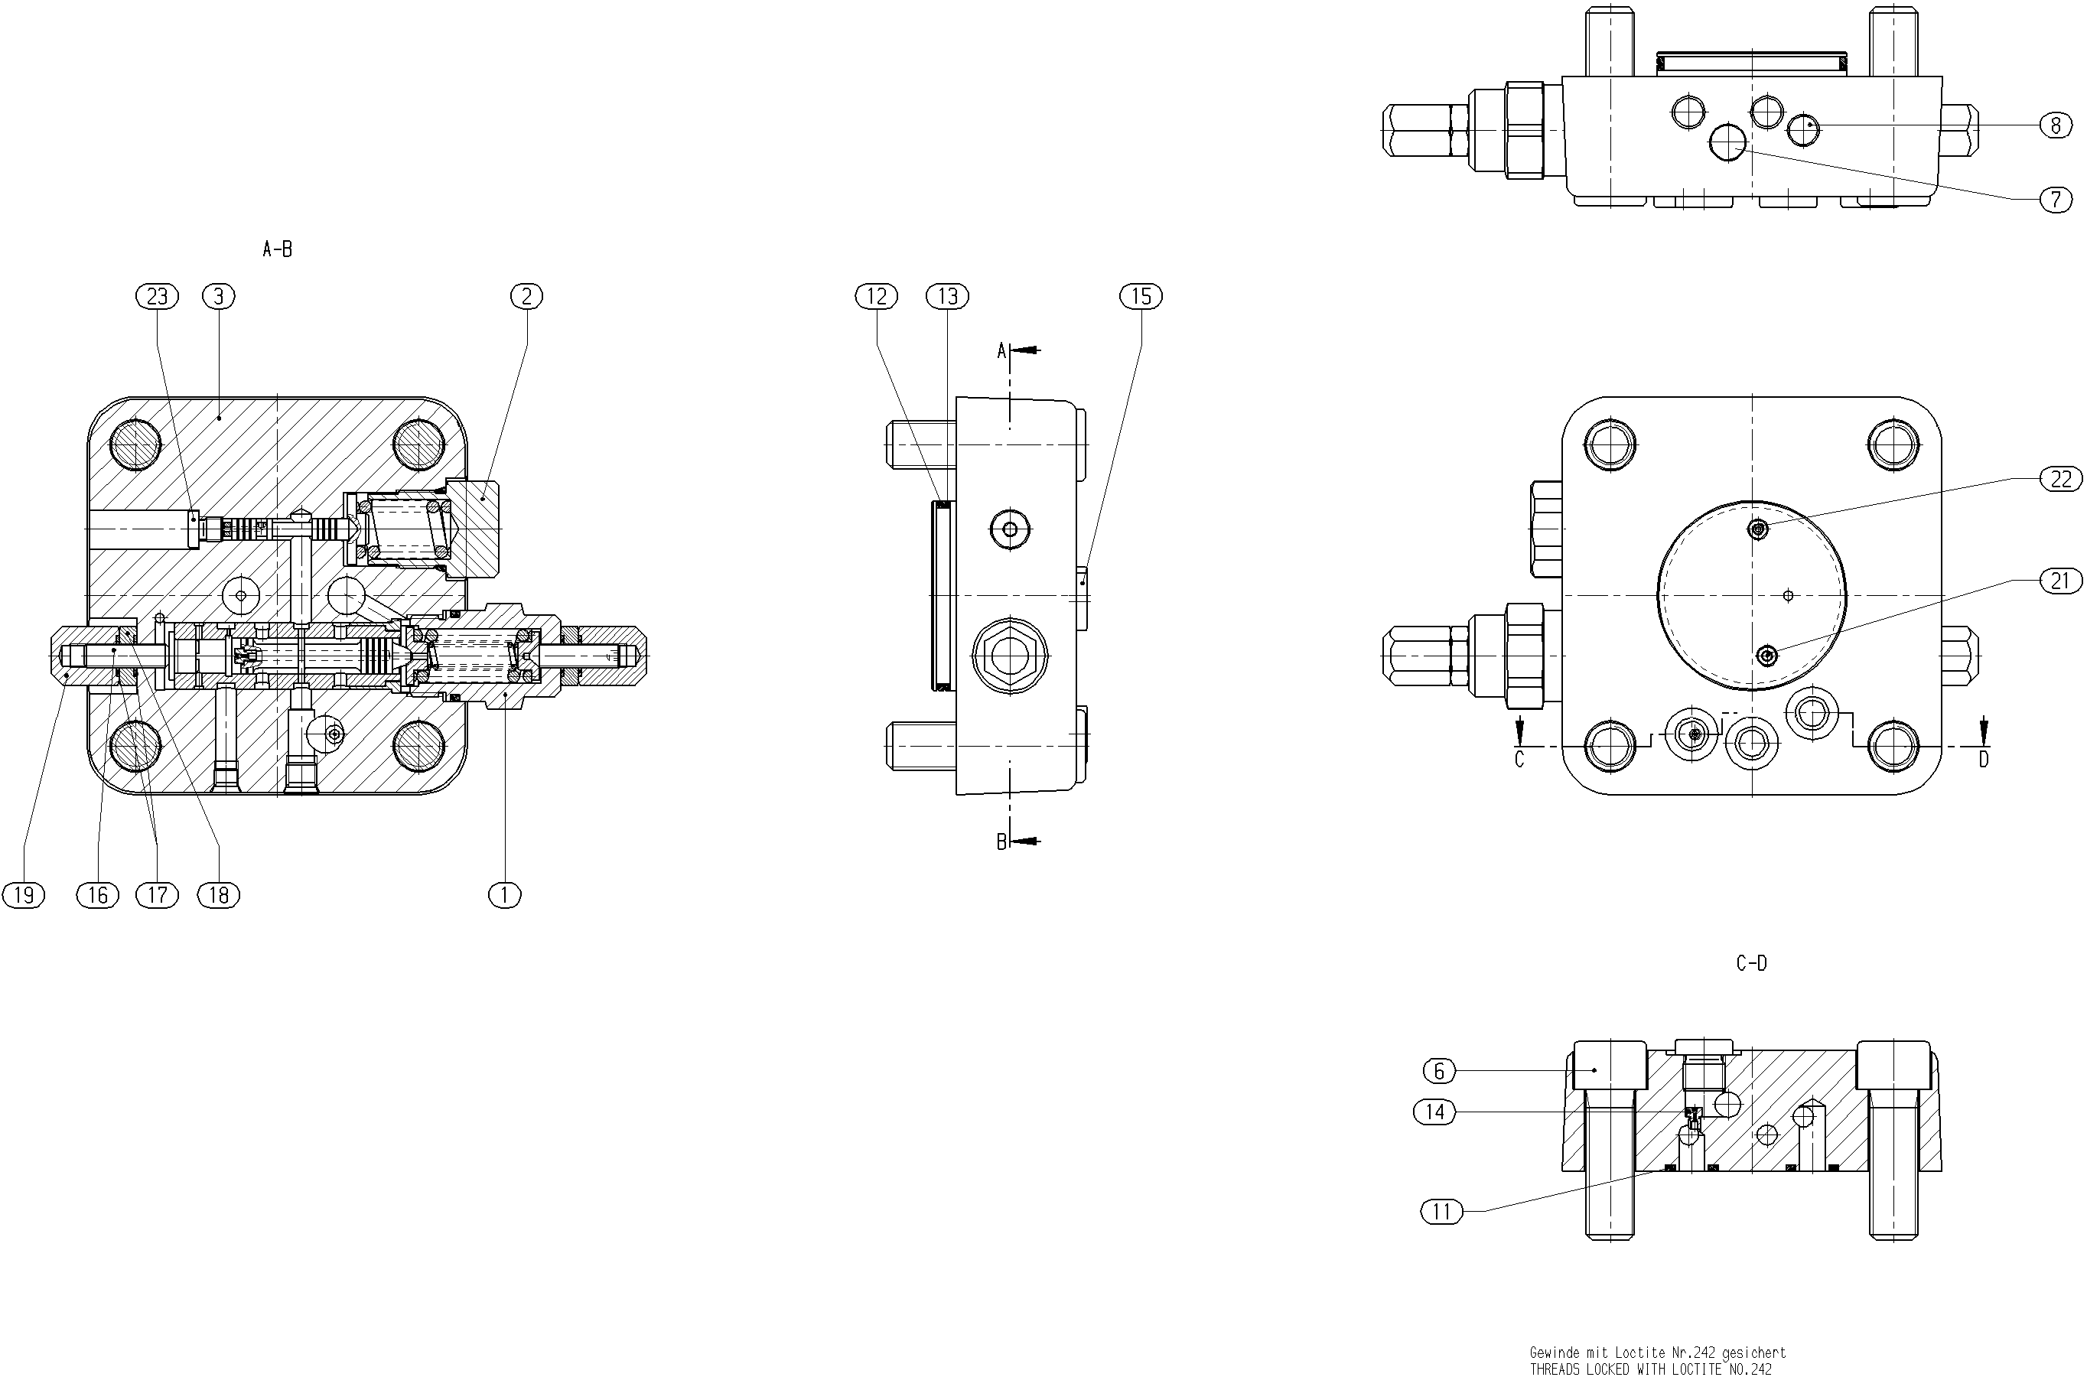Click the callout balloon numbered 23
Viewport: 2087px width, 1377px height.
(x=157, y=297)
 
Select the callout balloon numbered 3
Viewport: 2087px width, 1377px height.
(x=219, y=297)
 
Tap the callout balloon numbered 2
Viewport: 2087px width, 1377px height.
(x=527, y=297)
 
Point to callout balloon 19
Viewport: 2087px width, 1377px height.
(x=24, y=895)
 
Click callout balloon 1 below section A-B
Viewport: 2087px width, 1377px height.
(x=505, y=895)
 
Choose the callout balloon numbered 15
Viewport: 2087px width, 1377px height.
(x=1141, y=297)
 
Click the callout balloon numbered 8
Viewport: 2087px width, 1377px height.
(x=2056, y=125)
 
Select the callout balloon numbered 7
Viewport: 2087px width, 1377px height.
(x=2056, y=200)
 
